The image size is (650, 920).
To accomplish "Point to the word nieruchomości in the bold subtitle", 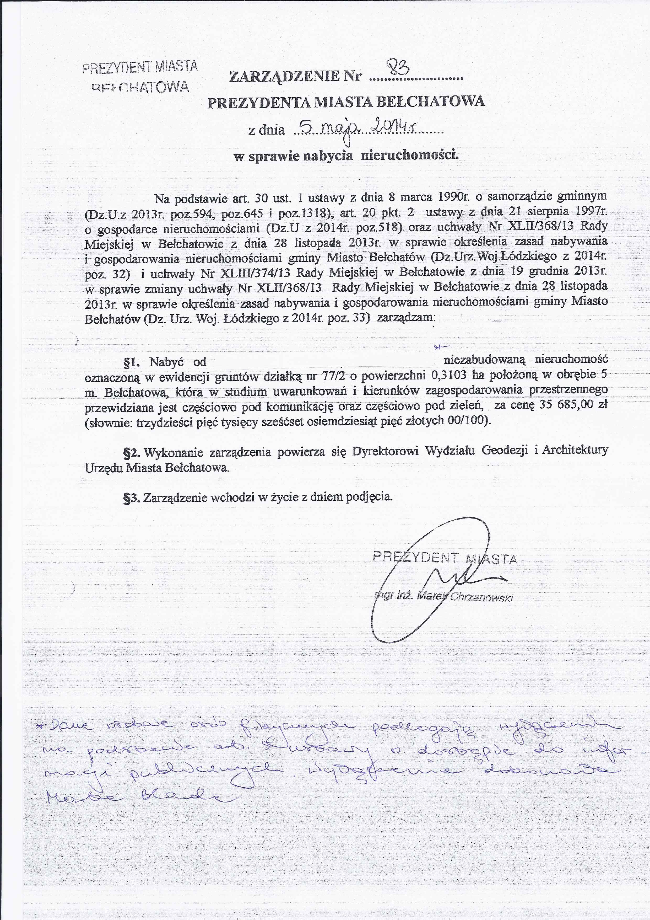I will [409, 155].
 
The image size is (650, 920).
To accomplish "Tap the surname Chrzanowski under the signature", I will [482, 597].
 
